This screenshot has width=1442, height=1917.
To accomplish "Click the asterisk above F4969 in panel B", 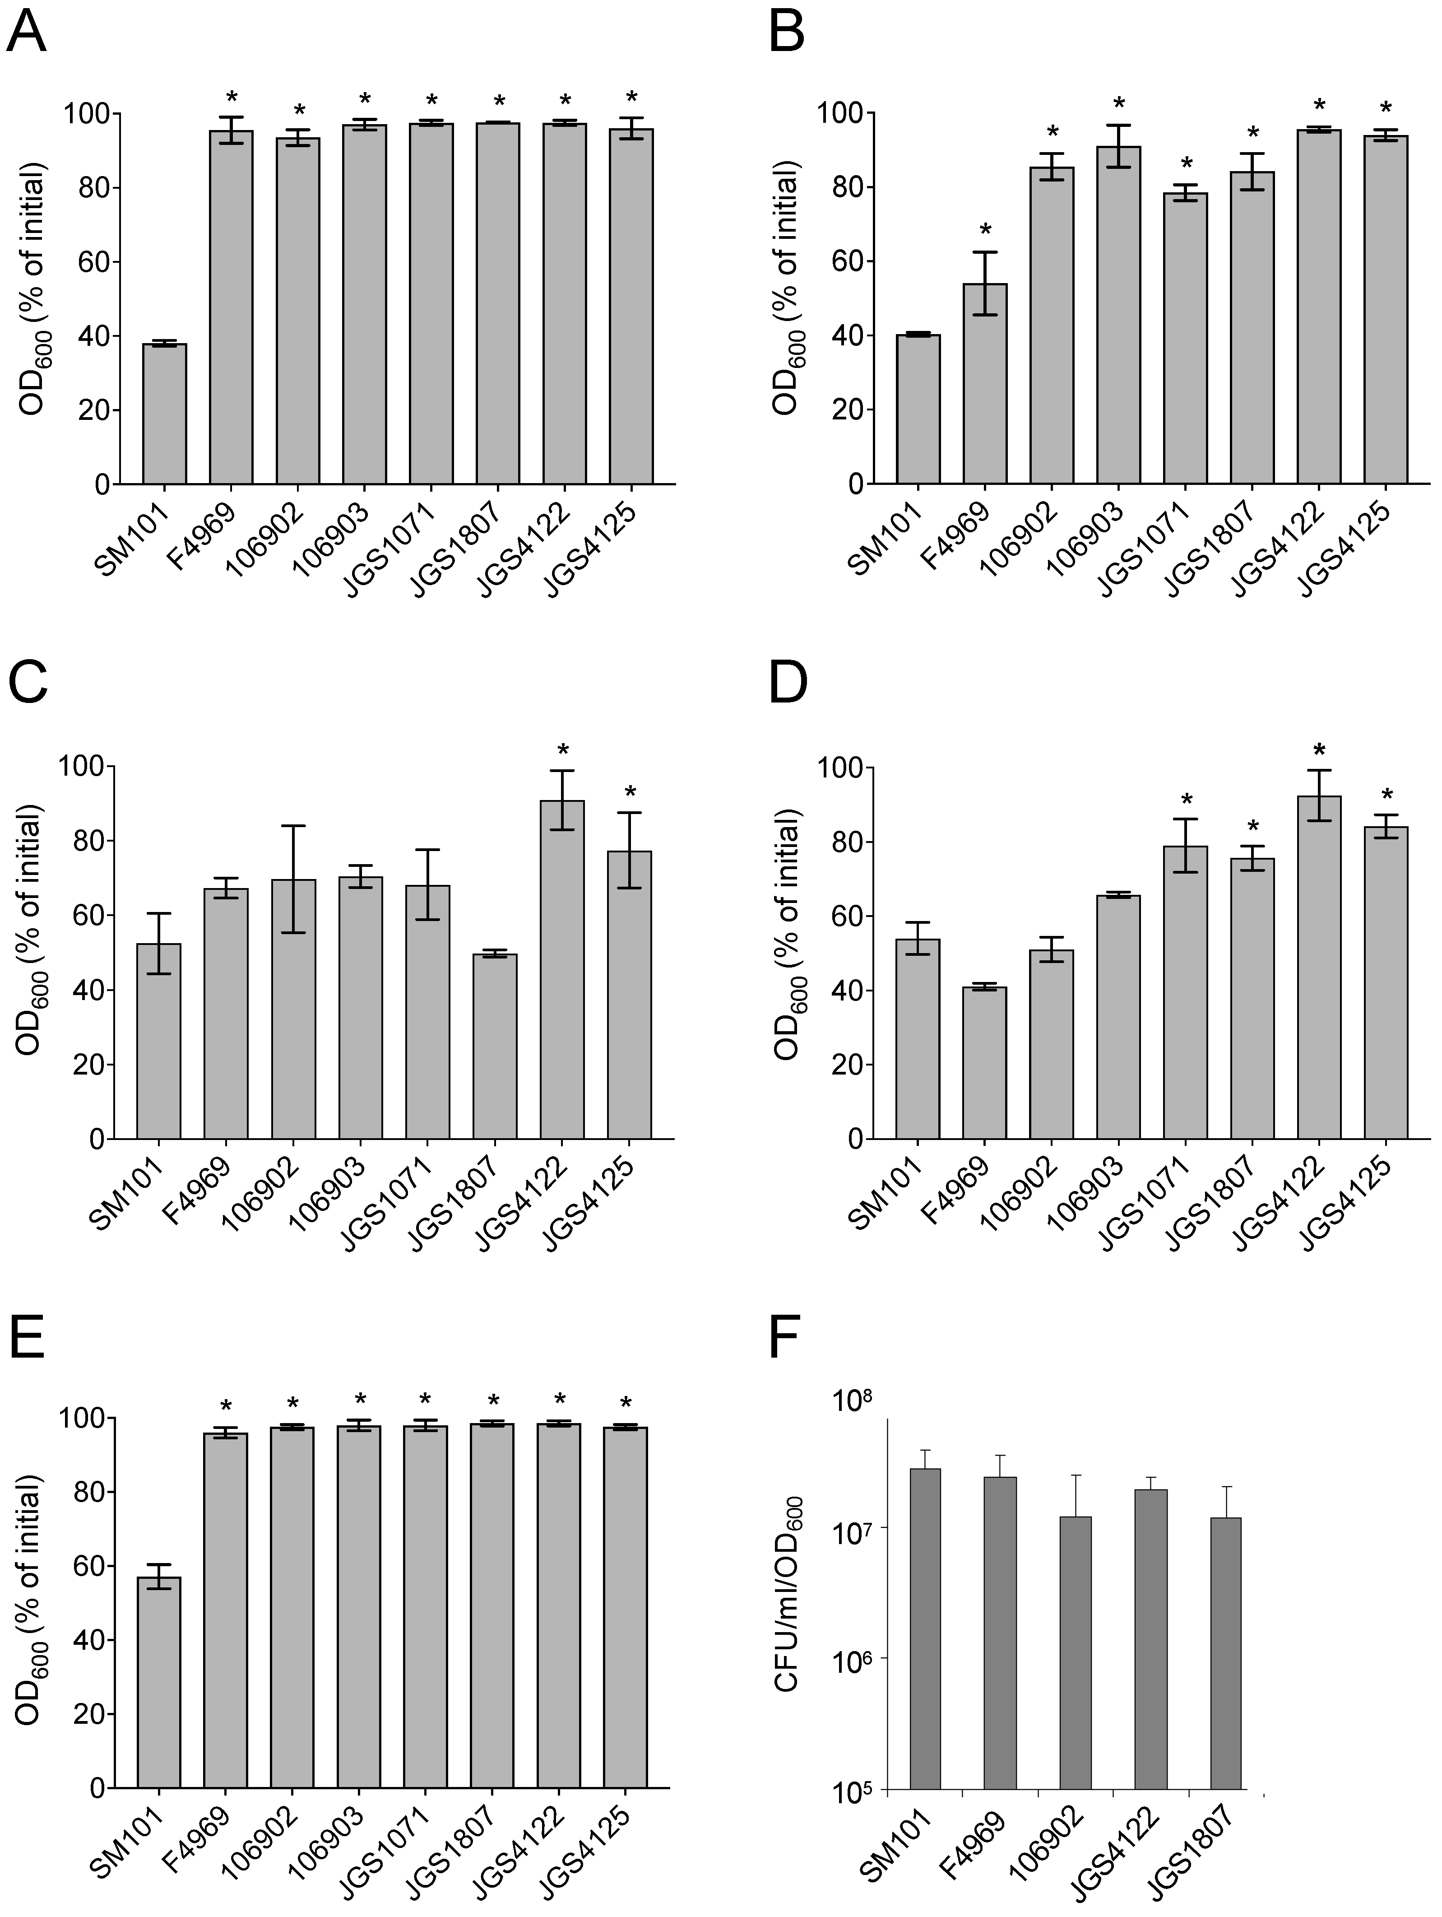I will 985,232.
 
